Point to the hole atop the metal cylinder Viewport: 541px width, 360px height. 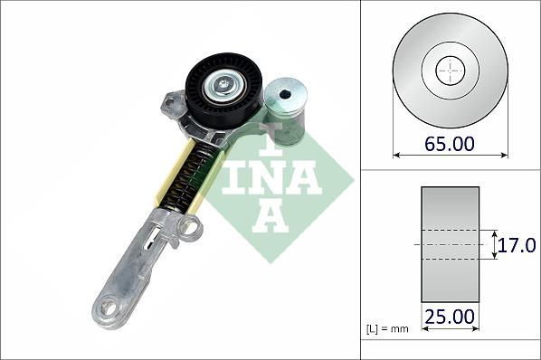click(x=286, y=94)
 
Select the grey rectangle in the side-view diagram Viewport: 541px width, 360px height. click(x=449, y=244)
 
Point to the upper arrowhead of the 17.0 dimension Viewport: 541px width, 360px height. click(x=494, y=232)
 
